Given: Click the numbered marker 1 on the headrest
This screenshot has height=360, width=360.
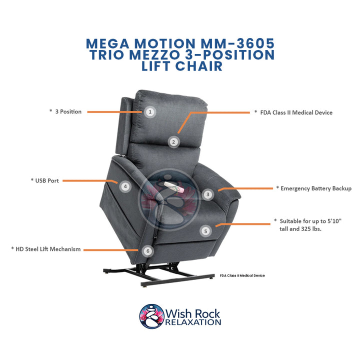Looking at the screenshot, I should coord(149,112).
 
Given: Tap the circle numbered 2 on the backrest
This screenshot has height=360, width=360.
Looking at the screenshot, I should coord(173,141).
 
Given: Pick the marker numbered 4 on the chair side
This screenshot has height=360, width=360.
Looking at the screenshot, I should coord(125,186).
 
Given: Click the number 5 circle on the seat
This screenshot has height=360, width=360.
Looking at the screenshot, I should coord(205,230).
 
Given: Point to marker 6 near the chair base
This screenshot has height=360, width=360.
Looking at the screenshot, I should coord(147,250).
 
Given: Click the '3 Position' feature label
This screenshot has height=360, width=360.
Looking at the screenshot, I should coord(65,111).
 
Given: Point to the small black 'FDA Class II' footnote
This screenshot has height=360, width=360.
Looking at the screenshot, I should coord(242,275).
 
